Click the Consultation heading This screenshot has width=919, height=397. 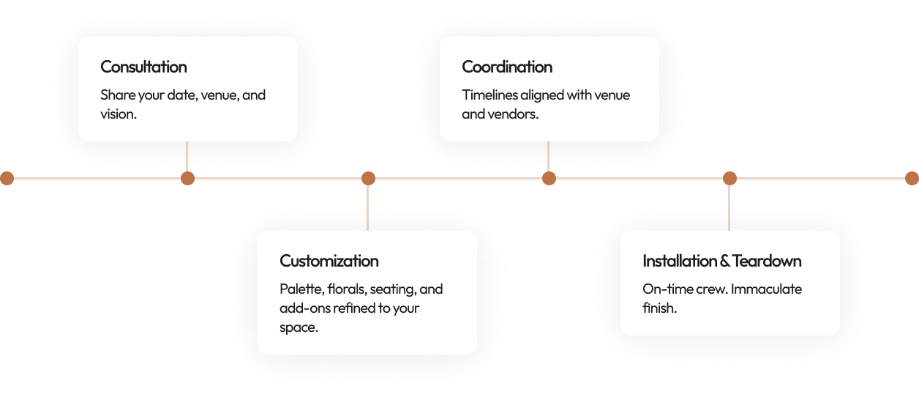(143, 67)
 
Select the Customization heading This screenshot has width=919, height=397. (329, 261)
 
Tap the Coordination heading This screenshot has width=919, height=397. (507, 67)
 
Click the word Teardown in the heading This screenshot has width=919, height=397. (767, 261)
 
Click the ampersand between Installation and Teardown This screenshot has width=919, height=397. (725, 261)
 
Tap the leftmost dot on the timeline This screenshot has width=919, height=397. (7, 178)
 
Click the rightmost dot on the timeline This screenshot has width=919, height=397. (911, 178)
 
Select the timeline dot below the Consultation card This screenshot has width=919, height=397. (187, 178)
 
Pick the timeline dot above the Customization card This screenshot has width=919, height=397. (368, 178)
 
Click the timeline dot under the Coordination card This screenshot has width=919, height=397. (549, 178)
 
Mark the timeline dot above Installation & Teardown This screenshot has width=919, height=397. (729, 178)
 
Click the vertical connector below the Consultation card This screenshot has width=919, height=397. (187, 157)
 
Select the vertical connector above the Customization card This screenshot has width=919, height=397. (368, 208)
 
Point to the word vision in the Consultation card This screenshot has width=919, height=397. (117, 114)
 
